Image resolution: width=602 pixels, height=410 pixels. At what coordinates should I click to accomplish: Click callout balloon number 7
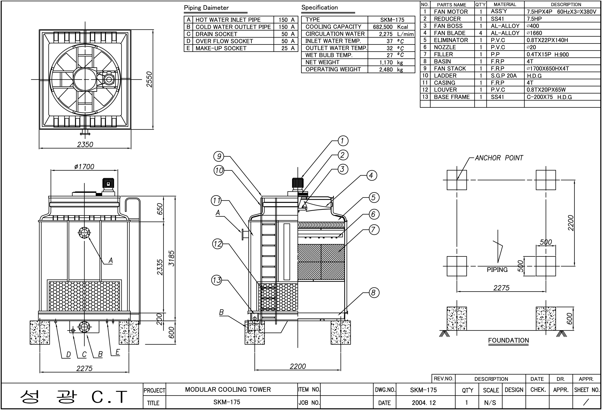click(x=373, y=230)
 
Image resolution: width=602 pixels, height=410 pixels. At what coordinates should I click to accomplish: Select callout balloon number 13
click(x=217, y=280)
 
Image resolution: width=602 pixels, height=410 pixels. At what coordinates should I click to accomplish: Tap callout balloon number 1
click(x=343, y=141)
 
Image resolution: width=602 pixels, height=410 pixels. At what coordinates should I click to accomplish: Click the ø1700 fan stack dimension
click(x=84, y=167)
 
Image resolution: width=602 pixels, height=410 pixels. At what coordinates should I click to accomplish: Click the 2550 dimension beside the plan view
click(x=149, y=79)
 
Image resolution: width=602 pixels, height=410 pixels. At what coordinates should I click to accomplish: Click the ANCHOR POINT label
click(x=499, y=158)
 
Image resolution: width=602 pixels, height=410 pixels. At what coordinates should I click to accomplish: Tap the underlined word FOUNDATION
click(x=508, y=340)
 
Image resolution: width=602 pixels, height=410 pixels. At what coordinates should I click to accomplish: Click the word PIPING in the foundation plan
click(x=497, y=270)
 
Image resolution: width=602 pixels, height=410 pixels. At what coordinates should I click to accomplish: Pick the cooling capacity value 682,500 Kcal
click(x=390, y=27)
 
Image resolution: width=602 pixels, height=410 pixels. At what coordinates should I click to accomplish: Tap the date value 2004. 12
click(x=424, y=403)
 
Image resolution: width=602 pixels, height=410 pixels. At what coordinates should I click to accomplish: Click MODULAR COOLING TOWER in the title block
click(x=228, y=390)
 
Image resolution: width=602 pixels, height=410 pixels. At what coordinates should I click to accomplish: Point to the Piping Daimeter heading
click(x=206, y=8)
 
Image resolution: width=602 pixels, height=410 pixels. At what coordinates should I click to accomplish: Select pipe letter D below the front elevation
click(x=68, y=355)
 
